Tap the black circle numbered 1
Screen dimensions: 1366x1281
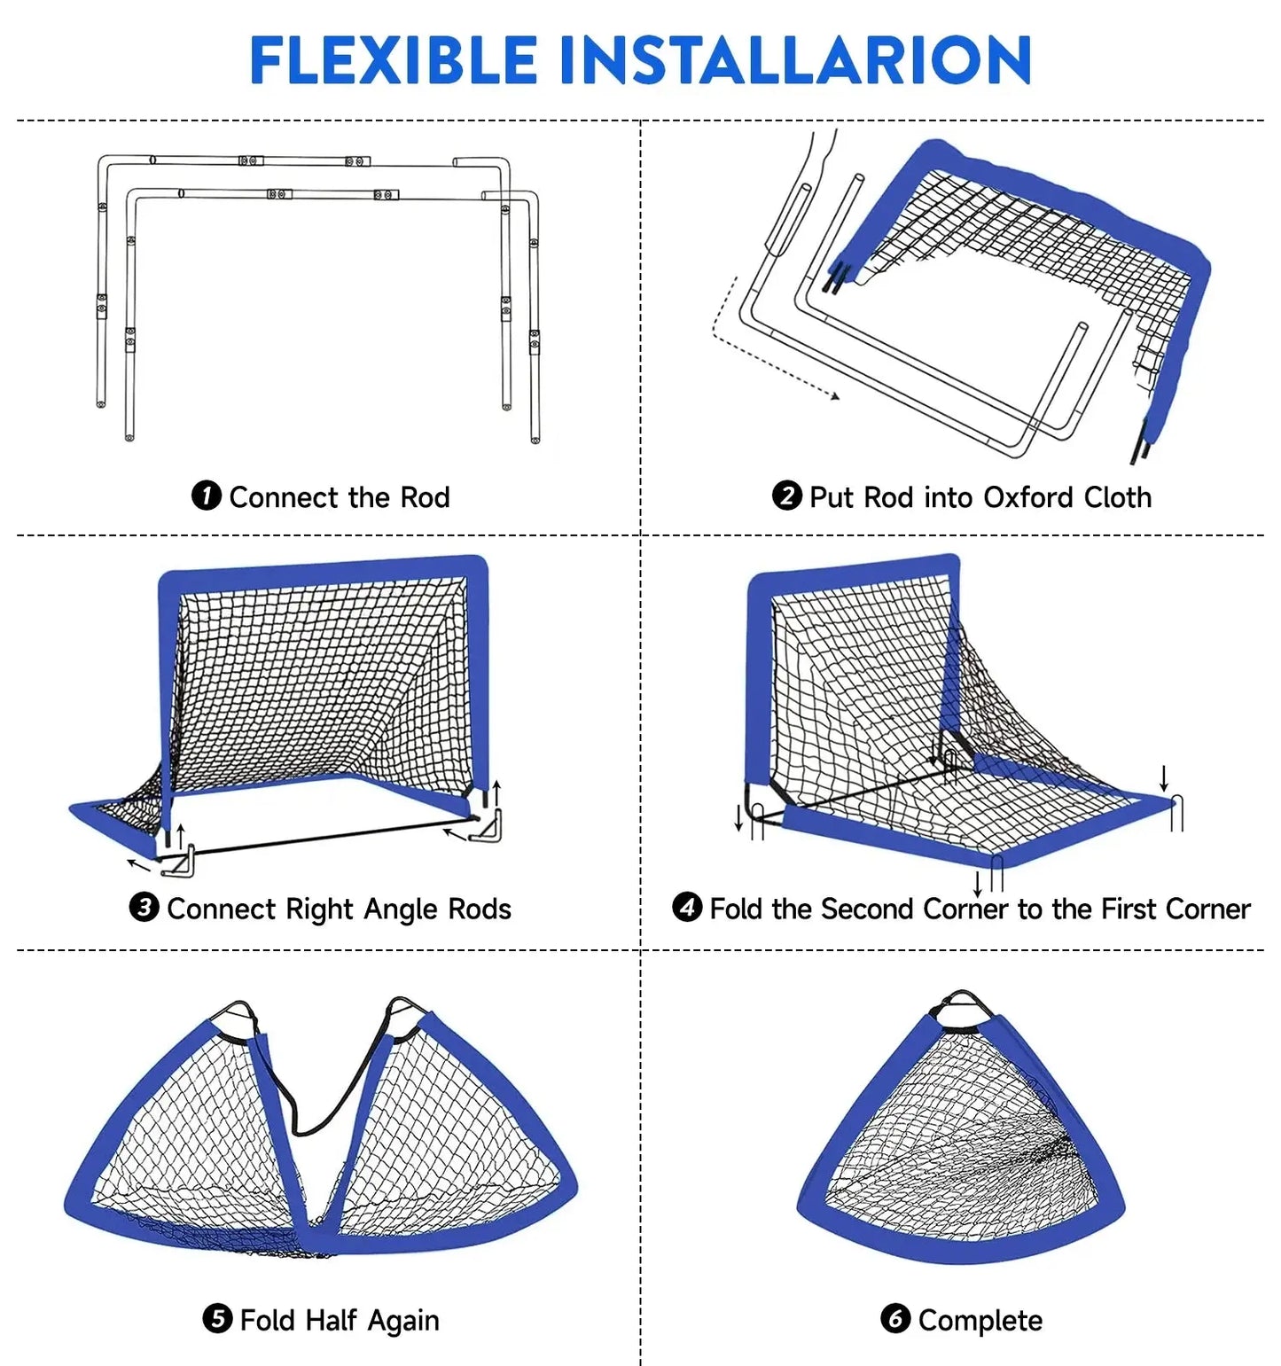tap(206, 496)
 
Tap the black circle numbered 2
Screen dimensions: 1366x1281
tap(786, 496)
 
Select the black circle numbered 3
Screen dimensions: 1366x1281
tap(144, 908)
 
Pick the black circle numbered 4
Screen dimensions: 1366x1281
tap(687, 908)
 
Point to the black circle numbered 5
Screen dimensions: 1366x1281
tap(217, 1319)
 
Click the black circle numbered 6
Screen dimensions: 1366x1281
tap(895, 1319)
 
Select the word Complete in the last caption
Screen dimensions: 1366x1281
tap(980, 1321)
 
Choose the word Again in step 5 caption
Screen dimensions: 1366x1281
tap(403, 1321)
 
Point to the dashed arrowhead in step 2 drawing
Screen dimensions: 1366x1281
tap(834, 396)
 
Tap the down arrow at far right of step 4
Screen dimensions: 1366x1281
tap(1164, 779)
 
